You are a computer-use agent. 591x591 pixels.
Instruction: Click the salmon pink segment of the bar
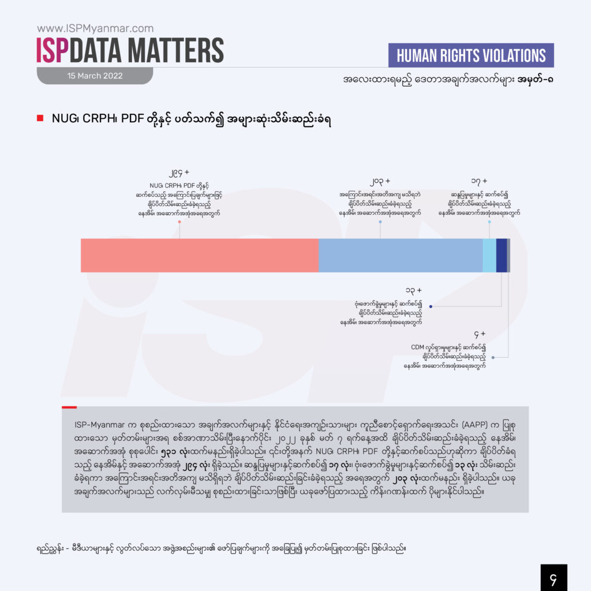point(199,255)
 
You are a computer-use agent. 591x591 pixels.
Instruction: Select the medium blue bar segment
point(400,255)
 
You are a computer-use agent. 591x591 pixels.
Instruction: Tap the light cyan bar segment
point(489,255)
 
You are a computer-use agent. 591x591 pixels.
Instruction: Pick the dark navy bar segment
point(502,255)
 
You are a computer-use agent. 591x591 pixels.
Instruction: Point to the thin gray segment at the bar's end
point(508,255)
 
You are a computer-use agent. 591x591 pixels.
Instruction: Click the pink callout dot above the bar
point(179,222)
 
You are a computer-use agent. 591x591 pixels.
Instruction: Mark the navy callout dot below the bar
point(431,306)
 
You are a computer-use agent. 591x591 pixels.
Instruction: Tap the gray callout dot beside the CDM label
point(493,357)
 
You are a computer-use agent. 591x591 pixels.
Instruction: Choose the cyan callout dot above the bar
point(489,222)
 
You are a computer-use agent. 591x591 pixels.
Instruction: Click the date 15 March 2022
point(95,76)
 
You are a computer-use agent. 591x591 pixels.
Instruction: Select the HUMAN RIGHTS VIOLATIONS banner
point(472,55)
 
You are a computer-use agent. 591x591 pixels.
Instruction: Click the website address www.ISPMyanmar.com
point(95,28)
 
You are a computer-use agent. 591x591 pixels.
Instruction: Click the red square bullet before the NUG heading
point(40,119)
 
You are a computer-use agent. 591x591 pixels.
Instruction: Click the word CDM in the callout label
point(417,347)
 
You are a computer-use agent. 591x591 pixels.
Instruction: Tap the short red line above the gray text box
point(69,407)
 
